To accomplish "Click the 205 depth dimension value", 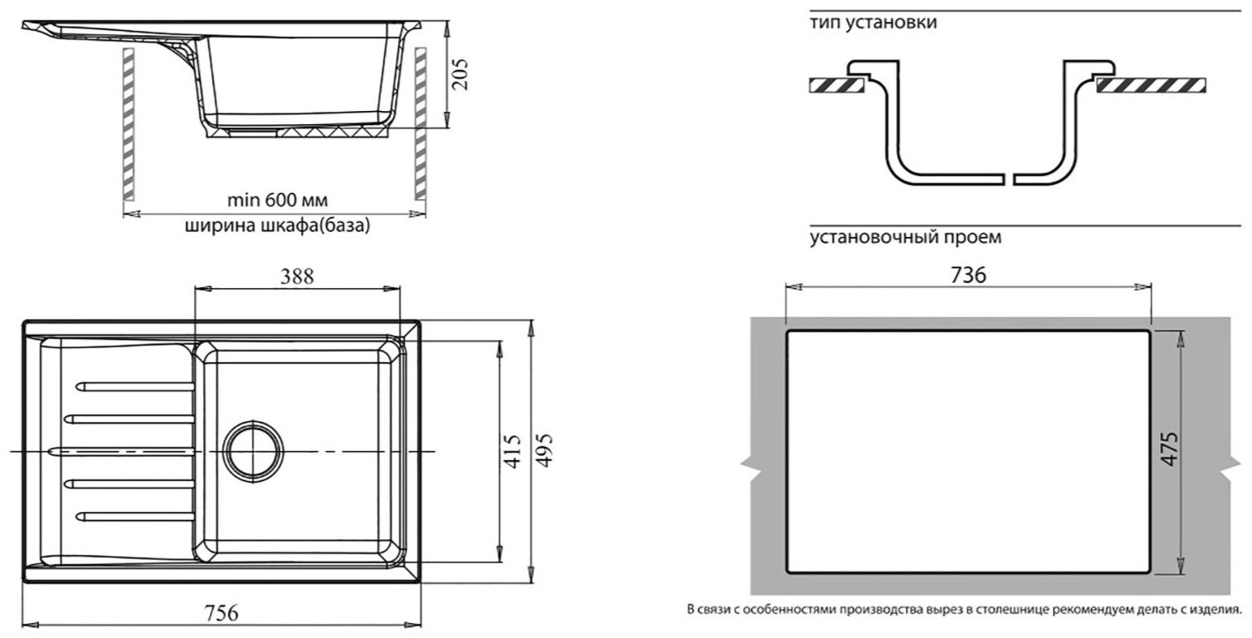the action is (460, 74).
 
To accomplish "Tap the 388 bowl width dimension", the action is (297, 277).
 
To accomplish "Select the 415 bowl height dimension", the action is (512, 451).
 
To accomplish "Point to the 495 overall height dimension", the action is (544, 450).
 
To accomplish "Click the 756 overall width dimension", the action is (221, 612).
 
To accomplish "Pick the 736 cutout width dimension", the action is (968, 275).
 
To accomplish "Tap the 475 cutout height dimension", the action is (1170, 449).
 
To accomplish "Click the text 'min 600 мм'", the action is (277, 200).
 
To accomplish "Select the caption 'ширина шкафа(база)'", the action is (277, 226).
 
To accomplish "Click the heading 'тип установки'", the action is (873, 22).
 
